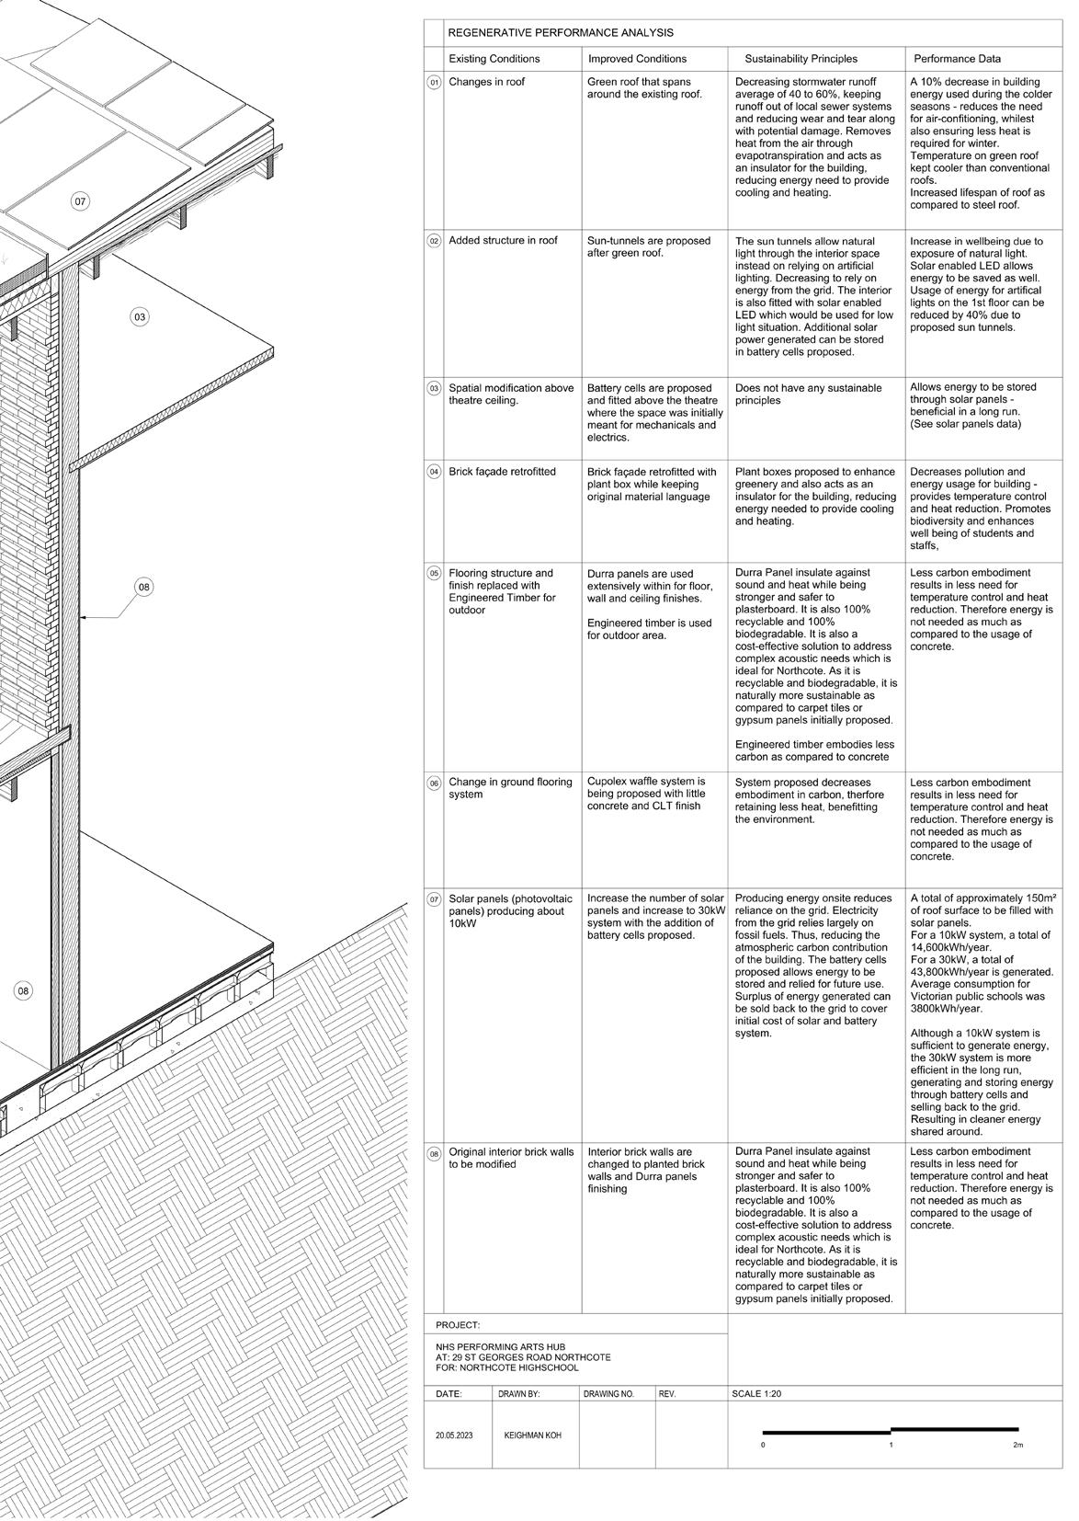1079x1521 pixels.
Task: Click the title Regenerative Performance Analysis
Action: (560, 32)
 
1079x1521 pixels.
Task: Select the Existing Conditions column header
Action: (494, 59)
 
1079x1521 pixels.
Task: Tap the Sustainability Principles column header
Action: (801, 59)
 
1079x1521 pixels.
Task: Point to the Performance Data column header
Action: (957, 59)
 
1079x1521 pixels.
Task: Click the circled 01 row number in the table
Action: (434, 83)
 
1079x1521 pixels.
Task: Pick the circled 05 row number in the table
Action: (434, 574)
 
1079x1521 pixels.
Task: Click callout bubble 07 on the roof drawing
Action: (81, 201)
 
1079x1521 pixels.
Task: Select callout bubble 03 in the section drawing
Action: (139, 317)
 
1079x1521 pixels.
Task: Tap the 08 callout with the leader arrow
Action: (144, 587)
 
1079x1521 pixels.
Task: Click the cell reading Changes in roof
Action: (486, 82)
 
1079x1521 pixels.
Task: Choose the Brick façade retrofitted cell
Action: (502, 472)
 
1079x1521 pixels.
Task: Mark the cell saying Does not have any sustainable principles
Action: (795, 395)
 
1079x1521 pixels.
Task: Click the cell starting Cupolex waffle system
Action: (646, 794)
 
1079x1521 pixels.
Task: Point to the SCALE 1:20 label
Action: (756, 1393)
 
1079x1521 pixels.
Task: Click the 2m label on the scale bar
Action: (1017, 1445)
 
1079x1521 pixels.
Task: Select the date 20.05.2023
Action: (454, 1435)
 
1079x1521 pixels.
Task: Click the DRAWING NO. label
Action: (608, 1394)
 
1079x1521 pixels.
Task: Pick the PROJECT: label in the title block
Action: (458, 1325)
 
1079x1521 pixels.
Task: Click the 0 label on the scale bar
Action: (763, 1445)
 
